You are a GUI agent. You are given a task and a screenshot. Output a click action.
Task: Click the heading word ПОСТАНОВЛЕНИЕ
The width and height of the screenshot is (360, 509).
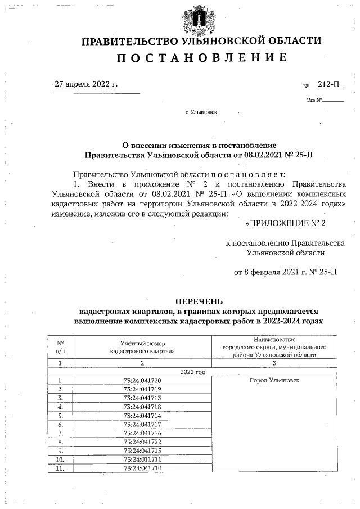tap(201, 58)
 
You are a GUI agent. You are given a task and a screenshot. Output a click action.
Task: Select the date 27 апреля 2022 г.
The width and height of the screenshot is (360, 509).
tap(86, 84)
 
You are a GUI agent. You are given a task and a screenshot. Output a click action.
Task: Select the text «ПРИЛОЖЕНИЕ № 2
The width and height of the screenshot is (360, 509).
tap(286, 223)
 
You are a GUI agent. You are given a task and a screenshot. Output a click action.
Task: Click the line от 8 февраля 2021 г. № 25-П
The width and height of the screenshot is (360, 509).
tap(285, 273)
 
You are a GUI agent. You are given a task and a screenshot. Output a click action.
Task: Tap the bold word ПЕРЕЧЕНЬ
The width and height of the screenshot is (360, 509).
tap(201, 301)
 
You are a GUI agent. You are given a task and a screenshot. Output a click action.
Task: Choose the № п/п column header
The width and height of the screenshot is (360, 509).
tap(60, 346)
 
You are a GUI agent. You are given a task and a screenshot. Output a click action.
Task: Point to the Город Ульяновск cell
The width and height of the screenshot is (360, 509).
tap(274, 381)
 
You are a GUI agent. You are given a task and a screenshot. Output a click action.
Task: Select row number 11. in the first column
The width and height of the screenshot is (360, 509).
tap(60, 468)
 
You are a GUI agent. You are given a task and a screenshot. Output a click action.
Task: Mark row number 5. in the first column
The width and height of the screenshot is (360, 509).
tap(60, 416)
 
